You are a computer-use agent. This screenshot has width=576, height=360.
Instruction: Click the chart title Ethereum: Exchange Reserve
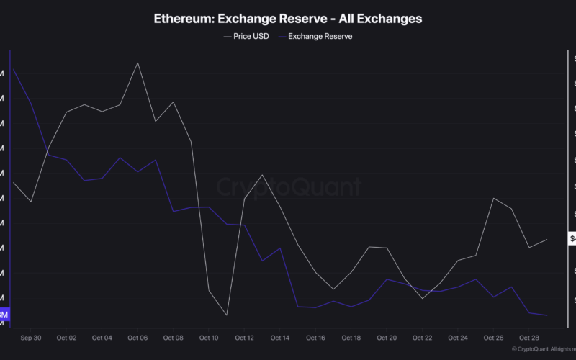(x=288, y=18)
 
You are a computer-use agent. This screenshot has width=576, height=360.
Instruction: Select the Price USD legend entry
(x=246, y=35)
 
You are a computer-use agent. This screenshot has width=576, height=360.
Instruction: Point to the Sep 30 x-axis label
(x=31, y=337)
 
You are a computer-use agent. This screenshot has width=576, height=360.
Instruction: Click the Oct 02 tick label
(x=66, y=337)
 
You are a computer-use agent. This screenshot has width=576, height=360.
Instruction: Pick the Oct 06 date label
(x=138, y=337)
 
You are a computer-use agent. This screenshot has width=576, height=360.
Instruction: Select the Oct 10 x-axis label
(x=209, y=337)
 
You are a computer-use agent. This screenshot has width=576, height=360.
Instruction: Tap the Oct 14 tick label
(x=280, y=337)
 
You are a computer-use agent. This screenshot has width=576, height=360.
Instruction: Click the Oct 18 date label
(x=351, y=337)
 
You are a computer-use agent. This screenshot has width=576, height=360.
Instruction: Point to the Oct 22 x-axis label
(x=423, y=337)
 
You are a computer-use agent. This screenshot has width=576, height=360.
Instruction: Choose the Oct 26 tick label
(x=494, y=337)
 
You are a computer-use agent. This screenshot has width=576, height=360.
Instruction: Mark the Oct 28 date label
(x=529, y=337)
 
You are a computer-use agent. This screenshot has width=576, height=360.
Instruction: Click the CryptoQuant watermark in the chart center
(x=289, y=188)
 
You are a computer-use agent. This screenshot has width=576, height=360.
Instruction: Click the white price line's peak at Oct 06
(x=138, y=63)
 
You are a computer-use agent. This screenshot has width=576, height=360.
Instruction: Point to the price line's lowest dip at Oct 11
(x=226, y=315)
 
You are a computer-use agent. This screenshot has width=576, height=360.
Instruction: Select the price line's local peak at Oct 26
(x=494, y=198)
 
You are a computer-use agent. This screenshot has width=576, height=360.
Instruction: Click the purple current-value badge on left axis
(x=4, y=315)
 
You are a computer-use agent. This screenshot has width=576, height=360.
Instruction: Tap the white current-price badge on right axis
(x=572, y=238)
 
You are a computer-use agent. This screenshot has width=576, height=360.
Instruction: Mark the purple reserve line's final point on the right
(x=547, y=315)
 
